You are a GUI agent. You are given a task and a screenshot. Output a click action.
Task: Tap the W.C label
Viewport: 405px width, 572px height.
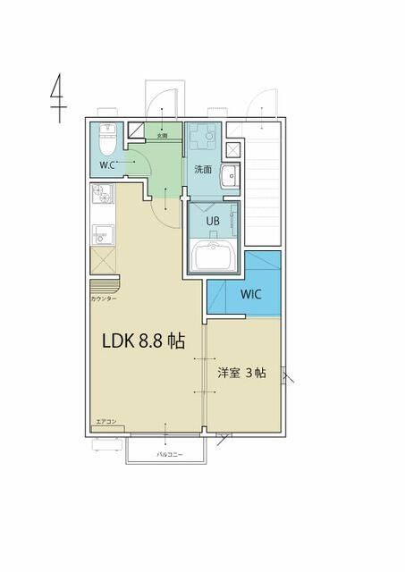[107, 165]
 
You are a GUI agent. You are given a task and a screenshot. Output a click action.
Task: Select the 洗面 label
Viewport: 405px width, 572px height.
[203, 169]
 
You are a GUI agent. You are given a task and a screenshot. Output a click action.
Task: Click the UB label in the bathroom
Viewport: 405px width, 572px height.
[214, 220]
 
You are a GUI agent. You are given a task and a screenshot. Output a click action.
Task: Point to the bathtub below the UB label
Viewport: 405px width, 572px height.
[215, 257]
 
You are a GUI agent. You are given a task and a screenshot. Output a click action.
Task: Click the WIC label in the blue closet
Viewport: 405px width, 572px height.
[251, 295]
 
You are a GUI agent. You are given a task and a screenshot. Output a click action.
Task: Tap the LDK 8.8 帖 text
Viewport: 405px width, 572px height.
[143, 341]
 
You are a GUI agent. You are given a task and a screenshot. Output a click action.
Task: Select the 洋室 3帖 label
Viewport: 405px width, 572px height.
[241, 373]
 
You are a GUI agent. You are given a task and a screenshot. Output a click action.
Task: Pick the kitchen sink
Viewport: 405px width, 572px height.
[100, 234]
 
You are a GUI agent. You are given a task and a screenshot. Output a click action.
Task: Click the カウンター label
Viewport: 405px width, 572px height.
[103, 299]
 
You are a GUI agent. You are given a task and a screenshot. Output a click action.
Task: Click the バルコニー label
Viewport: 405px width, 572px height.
[169, 455]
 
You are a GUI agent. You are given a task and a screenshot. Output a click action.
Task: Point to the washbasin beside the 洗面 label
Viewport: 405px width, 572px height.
[228, 176]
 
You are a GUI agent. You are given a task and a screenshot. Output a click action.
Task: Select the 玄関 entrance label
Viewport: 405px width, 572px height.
[162, 137]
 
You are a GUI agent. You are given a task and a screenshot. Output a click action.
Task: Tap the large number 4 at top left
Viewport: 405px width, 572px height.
[57, 97]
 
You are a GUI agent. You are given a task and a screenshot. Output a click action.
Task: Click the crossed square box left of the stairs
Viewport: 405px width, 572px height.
[233, 149]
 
